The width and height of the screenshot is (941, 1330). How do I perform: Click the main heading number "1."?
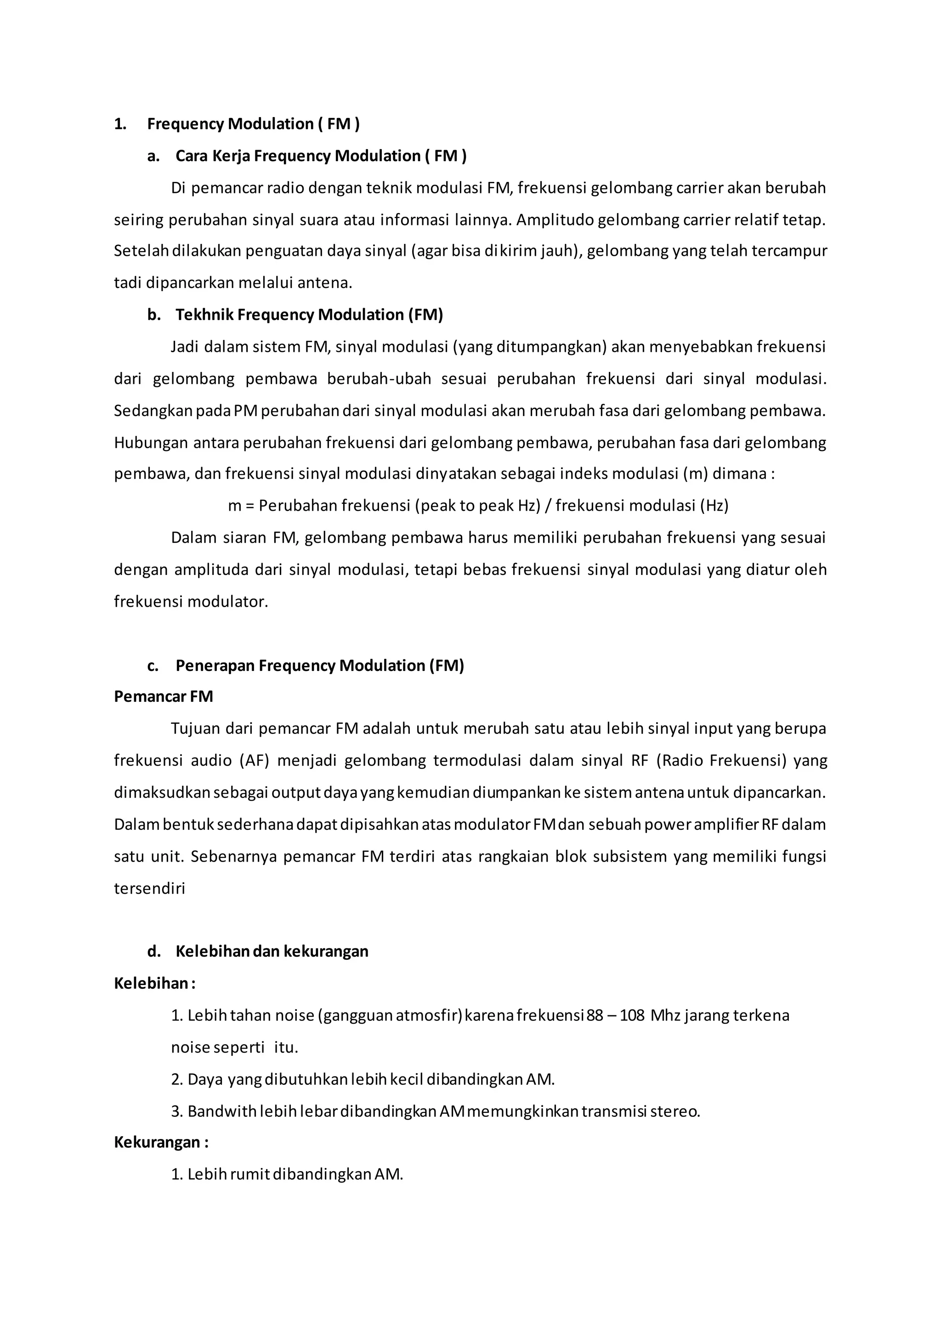click(120, 124)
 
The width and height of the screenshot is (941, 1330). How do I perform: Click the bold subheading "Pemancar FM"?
click(164, 696)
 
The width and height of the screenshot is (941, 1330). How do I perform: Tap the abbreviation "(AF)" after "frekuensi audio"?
click(255, 760)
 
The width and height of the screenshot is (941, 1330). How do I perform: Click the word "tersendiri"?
click(149, 889)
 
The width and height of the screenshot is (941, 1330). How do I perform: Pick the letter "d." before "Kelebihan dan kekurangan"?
click(153, 952)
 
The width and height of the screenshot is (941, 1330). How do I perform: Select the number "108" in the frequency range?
click(632, 1015)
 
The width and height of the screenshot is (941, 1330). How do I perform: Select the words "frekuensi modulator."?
click(191, 602)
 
